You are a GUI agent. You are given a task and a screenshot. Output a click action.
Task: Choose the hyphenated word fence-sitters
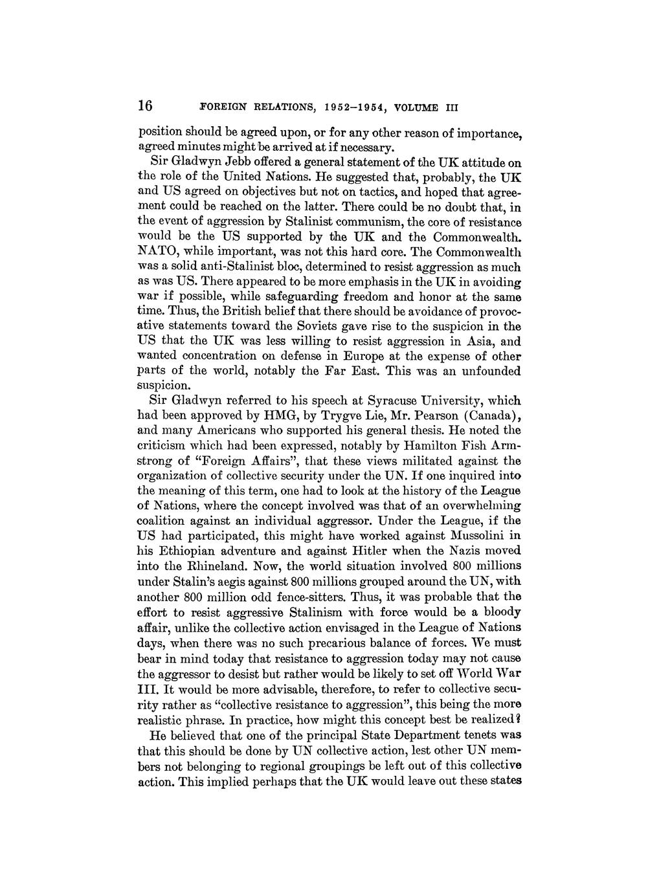coord(307,596)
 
